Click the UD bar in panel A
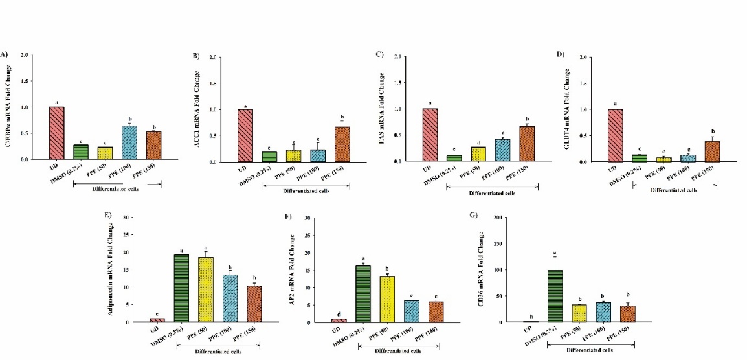57,133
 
